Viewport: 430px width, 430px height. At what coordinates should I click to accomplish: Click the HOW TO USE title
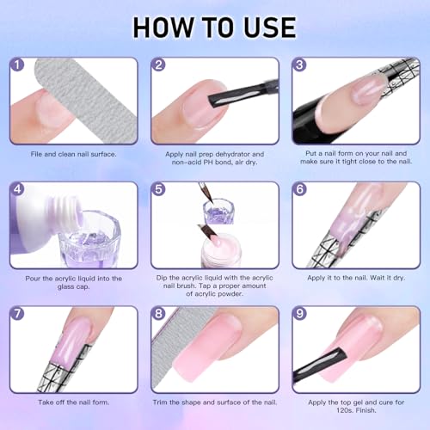215,27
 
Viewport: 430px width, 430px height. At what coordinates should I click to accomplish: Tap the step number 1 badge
17,64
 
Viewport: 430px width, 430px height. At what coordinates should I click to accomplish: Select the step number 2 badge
158,64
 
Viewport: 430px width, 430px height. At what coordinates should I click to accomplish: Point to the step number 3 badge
300,64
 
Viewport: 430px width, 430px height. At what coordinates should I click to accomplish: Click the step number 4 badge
17,189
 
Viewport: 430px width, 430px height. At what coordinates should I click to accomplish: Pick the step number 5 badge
158,189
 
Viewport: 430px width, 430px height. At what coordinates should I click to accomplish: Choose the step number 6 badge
300,189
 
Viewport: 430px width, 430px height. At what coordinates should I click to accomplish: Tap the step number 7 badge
17,313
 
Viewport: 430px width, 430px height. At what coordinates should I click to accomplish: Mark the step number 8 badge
158,313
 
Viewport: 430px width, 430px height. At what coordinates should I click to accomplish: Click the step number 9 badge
300,313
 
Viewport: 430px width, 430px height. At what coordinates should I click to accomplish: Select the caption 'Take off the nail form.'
73,402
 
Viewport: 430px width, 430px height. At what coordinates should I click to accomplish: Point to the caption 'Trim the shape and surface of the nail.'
215,402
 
